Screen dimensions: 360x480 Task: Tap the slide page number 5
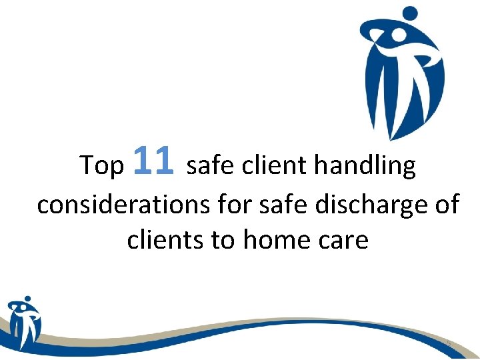(x=449, y=344)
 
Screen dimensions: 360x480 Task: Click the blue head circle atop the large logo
(x=409, y=13)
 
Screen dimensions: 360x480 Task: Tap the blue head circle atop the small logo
(x=27, y=299)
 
